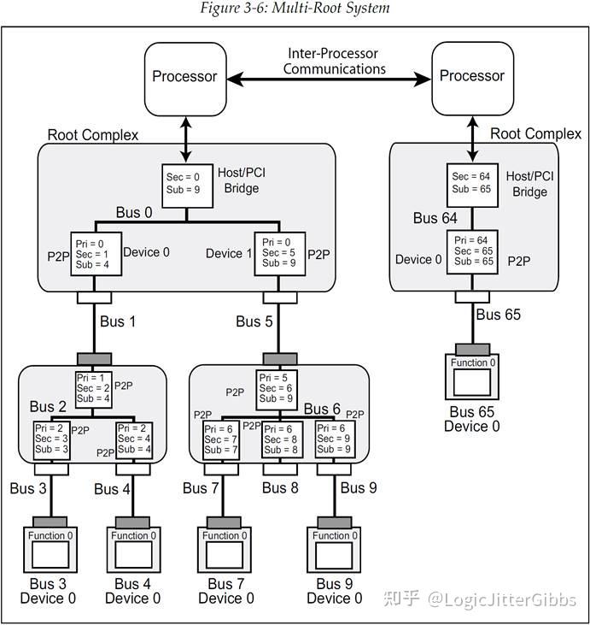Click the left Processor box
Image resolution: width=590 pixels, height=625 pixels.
(184, 77)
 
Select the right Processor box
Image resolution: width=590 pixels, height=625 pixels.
(472, 77)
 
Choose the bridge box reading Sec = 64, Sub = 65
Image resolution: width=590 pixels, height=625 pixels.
(472, 183)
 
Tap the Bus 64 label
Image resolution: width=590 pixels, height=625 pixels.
(435, 218)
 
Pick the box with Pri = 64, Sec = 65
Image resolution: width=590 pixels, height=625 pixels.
(472, 251)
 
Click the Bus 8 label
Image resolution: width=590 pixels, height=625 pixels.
(282, 488)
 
